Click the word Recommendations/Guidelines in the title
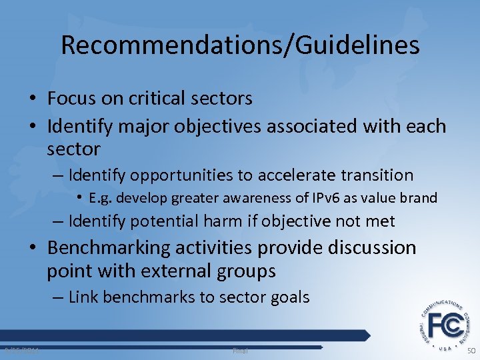[x=240, y=45]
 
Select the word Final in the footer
[x=240, y=350]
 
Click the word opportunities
[x=180, y=175]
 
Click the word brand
[x=419, y=198]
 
